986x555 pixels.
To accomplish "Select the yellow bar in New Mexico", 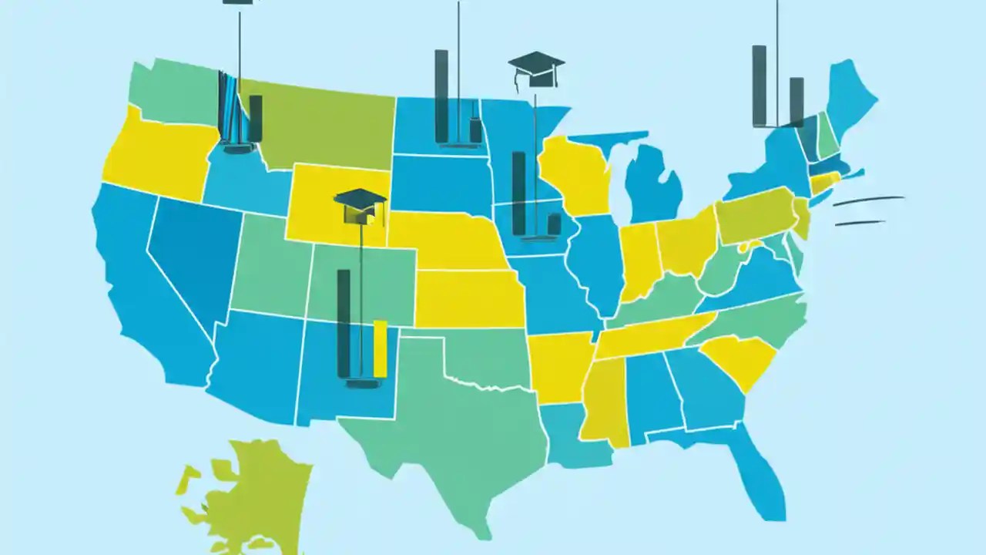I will (380, 348).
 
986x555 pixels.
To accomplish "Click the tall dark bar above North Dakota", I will (441, 96).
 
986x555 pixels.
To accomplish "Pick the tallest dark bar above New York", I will (760, 85).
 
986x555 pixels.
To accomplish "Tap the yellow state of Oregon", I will (158, 158).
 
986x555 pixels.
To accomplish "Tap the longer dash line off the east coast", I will (868, 200).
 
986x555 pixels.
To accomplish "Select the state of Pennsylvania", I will (755, 216).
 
